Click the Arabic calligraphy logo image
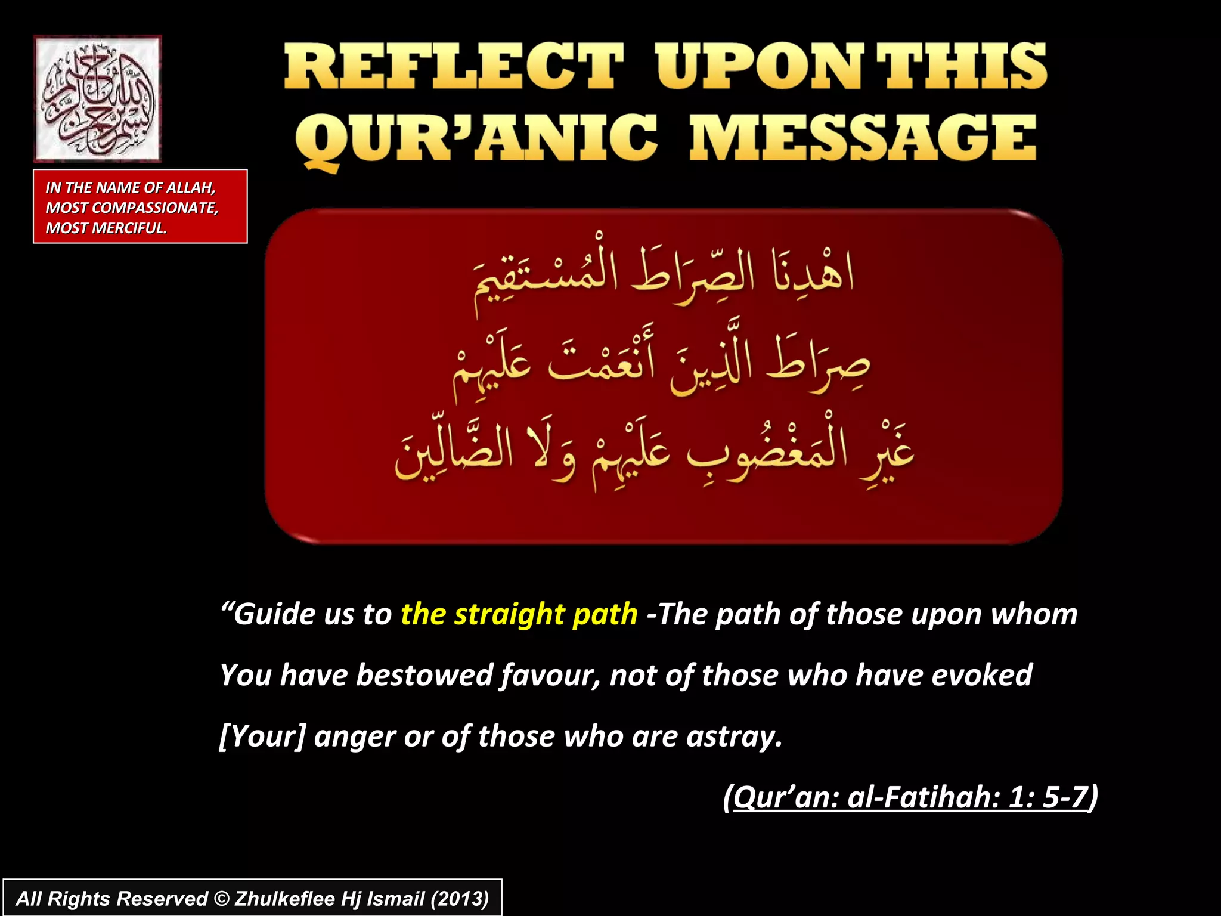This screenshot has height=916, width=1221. [97, 98]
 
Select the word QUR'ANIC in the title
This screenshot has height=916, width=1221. [476, 138]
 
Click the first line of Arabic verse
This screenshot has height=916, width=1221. [664, 277]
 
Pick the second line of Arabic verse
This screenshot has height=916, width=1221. [661, 365]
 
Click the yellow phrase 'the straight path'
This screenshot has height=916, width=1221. [519, 614]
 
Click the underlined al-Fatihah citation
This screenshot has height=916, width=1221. [910, 797]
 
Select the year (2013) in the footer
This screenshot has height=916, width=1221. [460, 899]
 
